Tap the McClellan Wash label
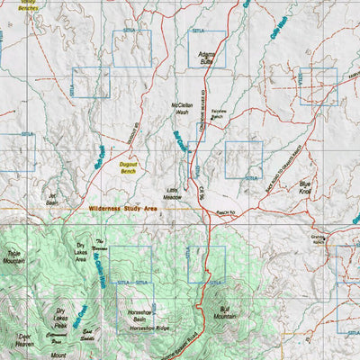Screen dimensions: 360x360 (182, 109)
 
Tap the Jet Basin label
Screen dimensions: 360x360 (52, 199)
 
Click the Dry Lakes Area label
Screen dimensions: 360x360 (85, 251)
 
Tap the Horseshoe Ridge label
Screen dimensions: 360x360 (149, 329)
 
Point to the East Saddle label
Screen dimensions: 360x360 (87, 335)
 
